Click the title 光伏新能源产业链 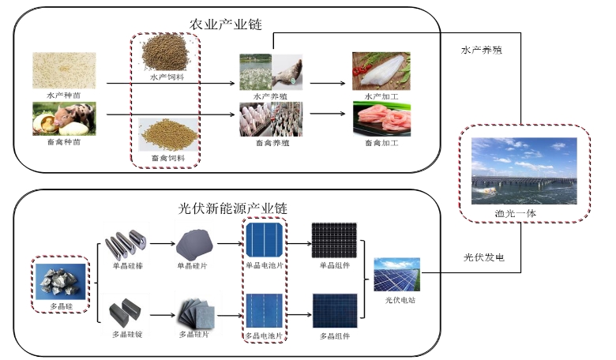(232, 208)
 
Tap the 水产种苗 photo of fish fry (64, 71)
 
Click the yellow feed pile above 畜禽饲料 (165, 134)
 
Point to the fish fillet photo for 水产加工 (381, 71)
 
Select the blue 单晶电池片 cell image (263, 242)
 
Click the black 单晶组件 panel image (333, 242)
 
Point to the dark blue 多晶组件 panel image (333, 310)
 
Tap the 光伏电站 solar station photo (397, 276)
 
